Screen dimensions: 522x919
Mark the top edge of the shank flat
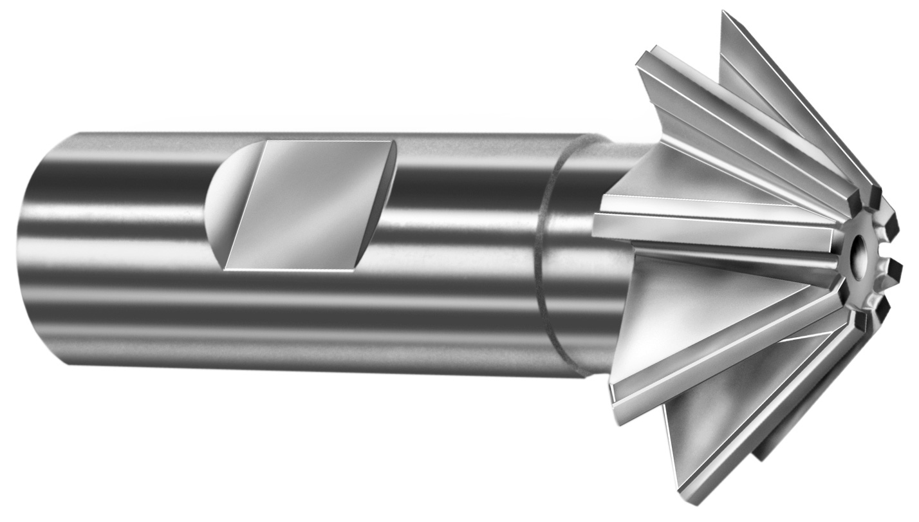(328, 141)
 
